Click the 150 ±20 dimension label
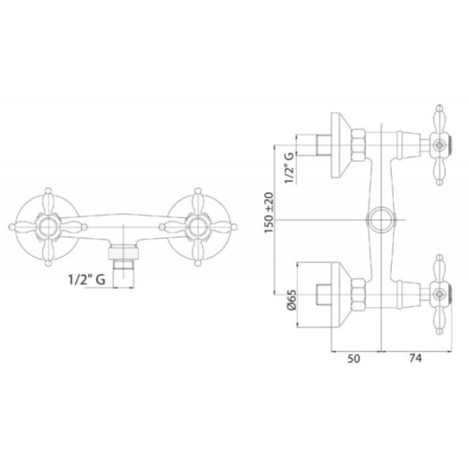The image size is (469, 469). tap(269, 213)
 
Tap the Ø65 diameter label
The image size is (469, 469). tap(292, 299)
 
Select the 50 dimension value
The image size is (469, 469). tap(353, 358)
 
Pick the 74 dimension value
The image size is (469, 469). tap(416, 358)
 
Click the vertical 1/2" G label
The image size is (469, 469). tap(289, 168)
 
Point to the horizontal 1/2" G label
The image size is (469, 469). tap(87, 280)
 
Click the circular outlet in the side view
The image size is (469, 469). tap(381, 220)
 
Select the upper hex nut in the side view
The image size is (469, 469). tap(358, 145)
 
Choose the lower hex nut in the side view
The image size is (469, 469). tap(358, 295)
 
